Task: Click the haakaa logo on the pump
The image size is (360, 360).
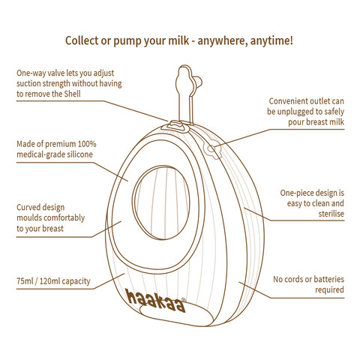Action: point(156,301)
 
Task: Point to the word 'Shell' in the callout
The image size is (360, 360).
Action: point(72,94)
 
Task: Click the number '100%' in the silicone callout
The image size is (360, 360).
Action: point(87,144)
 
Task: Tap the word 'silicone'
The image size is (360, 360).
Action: point(78,154)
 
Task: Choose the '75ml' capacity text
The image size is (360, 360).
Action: point(25,281)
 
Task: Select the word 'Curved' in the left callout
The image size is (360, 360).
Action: point(29,207)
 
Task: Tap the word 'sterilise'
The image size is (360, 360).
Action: point(331,214)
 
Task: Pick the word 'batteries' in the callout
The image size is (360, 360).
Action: point(328,279)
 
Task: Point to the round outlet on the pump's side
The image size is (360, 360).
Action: point(212,149)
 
